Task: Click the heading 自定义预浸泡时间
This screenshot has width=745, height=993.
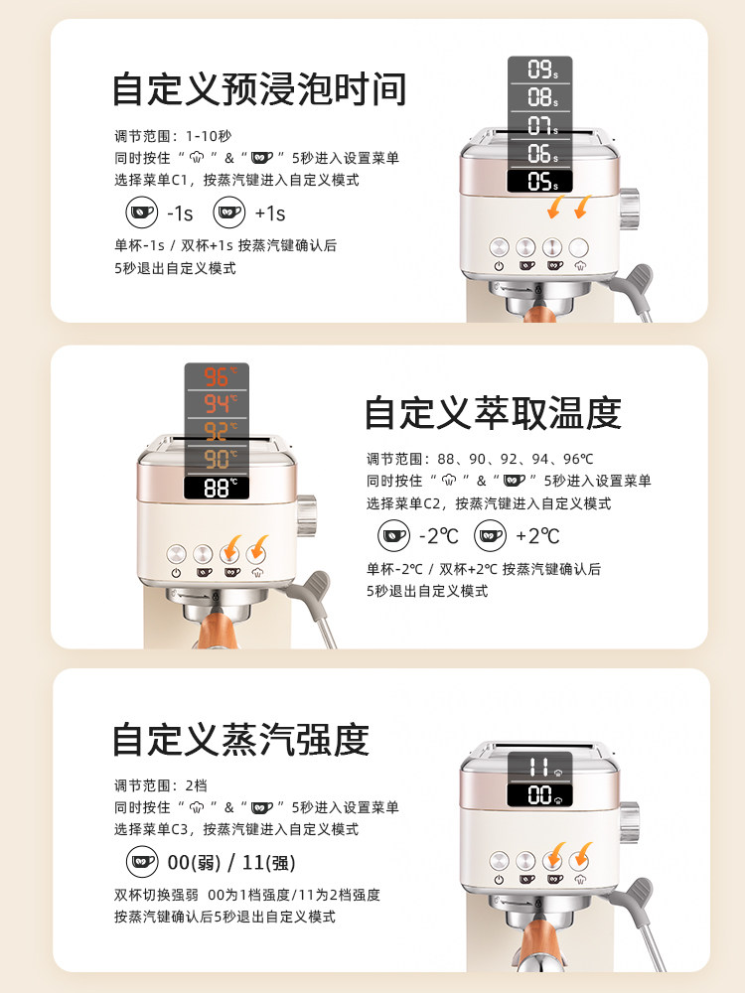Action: [x=259, y=89]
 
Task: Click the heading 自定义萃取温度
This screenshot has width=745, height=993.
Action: [x=493, y=413]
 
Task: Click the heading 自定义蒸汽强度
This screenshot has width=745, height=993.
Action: [x=240, y=740]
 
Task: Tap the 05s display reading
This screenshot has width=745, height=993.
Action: [x=540, y=182]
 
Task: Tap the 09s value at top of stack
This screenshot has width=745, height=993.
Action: [x=540, y=70]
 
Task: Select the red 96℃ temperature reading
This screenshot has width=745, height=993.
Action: [x=217, y=377]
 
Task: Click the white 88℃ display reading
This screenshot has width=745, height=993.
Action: [x=217, y=488]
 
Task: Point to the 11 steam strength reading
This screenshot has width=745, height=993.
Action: [x=540, y=767]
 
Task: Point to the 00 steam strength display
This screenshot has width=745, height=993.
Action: [x=540, y=794]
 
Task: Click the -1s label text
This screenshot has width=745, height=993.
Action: [x=180, y=213]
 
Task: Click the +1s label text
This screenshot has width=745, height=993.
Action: [x=269, y=213]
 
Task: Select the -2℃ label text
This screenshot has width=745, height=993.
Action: [x=439, y=536]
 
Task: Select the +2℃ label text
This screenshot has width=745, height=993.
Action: [x=537, y=536]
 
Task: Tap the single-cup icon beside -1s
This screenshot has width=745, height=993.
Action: [x=141, y=212]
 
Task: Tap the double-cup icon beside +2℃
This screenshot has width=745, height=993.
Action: [x=490, y=536]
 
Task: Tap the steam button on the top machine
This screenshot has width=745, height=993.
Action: [x=579, y=248]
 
